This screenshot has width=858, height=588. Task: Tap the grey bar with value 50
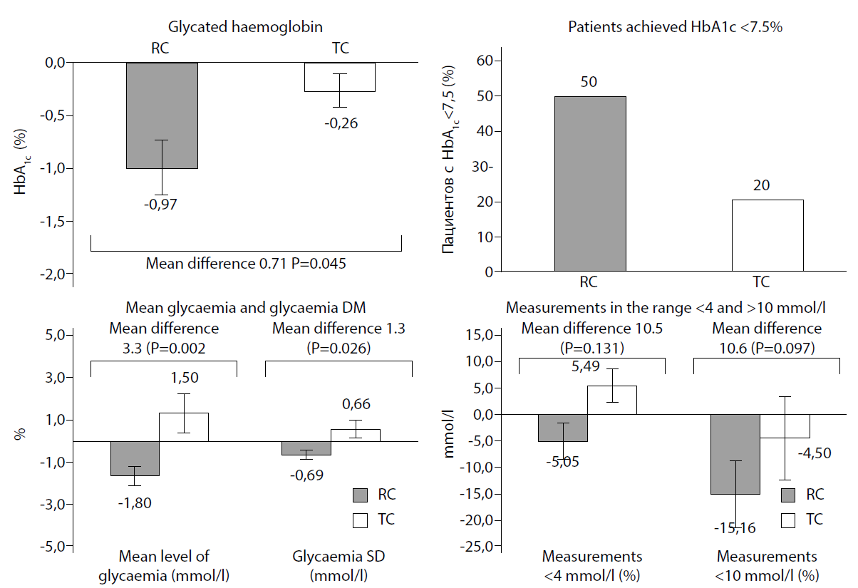coord(591,184)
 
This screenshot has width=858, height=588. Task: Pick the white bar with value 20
coord(768,235)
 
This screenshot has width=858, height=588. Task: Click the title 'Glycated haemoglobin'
coord(246,27)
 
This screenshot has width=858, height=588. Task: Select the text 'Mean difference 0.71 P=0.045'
coord(246,264)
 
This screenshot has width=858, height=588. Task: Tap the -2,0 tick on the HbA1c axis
coord(51,274)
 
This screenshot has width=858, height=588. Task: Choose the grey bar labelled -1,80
coord(135,458)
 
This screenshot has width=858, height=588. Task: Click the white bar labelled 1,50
coord(184,427)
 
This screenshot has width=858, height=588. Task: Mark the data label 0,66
coord(356,404)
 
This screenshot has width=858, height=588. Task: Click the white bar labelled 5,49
coord(612,400)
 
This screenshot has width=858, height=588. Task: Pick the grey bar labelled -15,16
coord(735,454)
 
